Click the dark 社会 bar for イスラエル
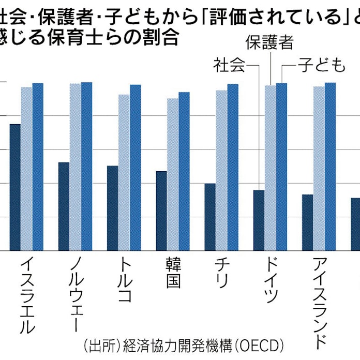coord(15,187)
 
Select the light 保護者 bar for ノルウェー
coord(75,167)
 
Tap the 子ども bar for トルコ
coord(135,168)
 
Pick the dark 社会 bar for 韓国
coord(161,211)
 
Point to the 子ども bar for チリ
coord(233,167)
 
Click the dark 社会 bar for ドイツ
coord(259,220)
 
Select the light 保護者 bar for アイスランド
coord(319,168)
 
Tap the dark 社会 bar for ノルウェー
coord(64,206)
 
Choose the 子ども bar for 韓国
coord(184,171)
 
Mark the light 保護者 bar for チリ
coord(221,170)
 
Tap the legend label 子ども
coord(321,66)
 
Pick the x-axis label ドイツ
coord(271,281)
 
